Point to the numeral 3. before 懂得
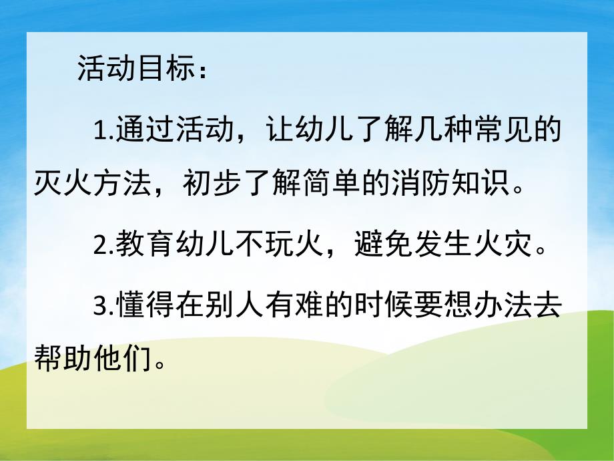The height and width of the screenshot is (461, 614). (x=103, y=307)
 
